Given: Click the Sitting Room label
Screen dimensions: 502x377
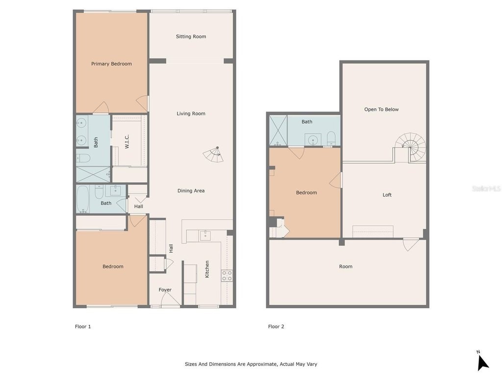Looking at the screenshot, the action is tap(191, 36).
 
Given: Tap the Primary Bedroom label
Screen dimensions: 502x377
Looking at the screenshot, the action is tap(111, 64).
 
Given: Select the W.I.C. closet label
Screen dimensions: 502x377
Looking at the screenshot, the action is tap(127, 141).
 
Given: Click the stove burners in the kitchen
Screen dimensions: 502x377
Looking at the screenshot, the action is tap(227, 276).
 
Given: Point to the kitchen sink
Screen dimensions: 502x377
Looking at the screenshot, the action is tap(205, 236).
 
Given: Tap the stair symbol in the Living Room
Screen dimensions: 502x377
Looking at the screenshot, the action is tap(213, 154).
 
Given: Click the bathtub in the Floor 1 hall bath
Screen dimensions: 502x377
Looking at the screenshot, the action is tap(82, 199).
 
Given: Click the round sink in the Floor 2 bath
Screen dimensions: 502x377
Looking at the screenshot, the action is tap(312, 140).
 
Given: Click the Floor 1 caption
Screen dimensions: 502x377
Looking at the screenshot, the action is tap(83, 326).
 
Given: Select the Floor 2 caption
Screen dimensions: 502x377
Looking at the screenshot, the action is tap(276, 326).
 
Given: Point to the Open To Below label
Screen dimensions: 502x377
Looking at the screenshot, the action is tap(381, 109).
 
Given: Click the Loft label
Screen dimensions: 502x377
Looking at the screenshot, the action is tap(387, 195).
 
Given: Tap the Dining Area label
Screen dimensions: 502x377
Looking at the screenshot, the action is tap(191, 191).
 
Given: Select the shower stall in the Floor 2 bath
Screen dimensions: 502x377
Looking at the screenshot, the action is tap(278, 131).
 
